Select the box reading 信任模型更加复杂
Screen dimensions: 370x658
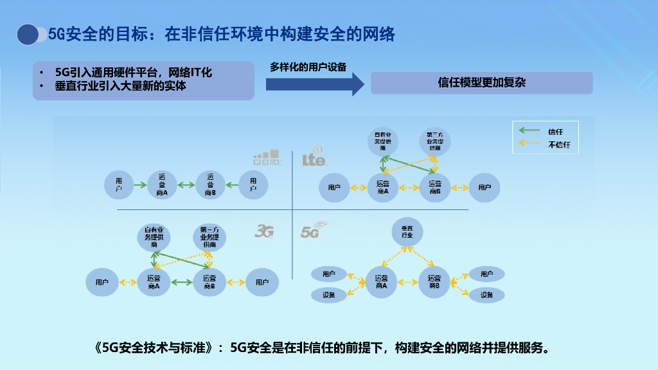click(481, 83)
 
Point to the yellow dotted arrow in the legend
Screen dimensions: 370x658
click(529, 145)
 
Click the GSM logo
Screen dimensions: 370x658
click(266, 158)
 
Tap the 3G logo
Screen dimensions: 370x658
click(265, 231)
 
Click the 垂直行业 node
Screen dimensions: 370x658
click(407, 233)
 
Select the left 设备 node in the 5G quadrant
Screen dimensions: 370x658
click(329, 295)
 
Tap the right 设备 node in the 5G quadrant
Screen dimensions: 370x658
click(486, 295)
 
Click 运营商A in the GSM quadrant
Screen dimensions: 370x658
click(162, 185)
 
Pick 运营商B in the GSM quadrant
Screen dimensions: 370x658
click(210, 185)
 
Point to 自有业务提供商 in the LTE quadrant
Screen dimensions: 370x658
click(383, 141)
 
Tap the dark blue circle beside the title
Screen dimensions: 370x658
click(28, 35)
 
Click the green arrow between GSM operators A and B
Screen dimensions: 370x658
click(186, 185)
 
